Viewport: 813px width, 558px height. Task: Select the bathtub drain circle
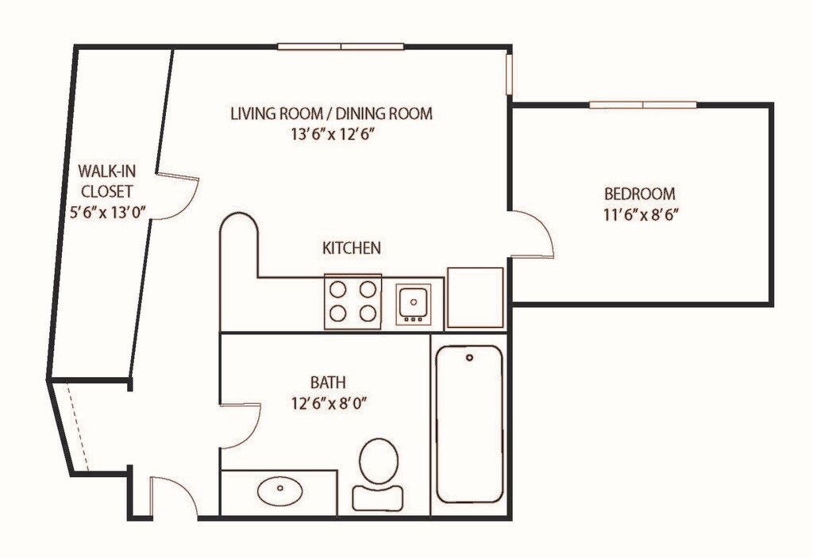(x=470, y=358)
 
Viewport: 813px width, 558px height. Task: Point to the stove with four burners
(x=353, y=302)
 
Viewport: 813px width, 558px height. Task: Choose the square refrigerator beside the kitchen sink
(x=476, y=298)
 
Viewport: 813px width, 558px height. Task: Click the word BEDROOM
(x=640, y=194)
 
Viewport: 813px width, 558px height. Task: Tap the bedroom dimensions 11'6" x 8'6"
(x=641, y=214)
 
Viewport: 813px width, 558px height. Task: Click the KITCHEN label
(x=352, y=248)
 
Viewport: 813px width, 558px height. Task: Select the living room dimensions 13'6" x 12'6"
(x=332, y=134)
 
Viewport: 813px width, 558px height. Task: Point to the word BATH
(x=328, y=383)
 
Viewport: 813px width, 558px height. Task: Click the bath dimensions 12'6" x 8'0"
(x=329, y=403)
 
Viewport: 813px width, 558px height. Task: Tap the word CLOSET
(x=107, y=191)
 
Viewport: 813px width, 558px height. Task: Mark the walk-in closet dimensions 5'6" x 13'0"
(x=107, y=212)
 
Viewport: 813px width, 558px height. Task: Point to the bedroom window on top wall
(x=643, y=105)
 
